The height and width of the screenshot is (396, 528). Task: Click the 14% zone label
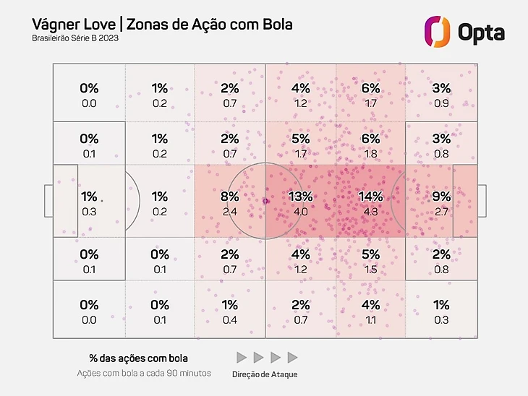tap(370, 197)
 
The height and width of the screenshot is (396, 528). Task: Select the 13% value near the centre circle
tap(300, 197)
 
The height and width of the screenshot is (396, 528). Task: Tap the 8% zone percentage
tap(230, 197)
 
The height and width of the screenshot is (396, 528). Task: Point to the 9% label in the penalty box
tap(440, 197)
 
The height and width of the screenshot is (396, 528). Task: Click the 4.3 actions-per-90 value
tap(370, 212)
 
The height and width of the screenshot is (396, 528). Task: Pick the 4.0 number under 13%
tap(300, 212)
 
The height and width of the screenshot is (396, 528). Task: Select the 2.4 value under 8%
tap(230, 212)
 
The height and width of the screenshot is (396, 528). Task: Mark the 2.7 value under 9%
tap(440, 212)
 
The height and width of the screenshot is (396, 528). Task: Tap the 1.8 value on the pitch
tap(370, 153)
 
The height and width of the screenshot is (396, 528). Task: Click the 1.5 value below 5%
tap(370, 270)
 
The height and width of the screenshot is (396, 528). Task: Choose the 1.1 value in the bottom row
tap(370, 320)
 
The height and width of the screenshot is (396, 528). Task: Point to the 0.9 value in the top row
tap(440, 103)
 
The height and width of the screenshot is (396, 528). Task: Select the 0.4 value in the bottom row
tap(230, 320)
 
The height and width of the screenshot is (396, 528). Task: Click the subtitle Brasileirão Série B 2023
tap(75, 38)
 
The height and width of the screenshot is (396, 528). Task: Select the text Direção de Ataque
tap(265, 374)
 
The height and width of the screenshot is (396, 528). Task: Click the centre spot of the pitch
tap(265, 201)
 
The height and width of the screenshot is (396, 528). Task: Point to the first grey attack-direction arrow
tap(242, 358)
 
